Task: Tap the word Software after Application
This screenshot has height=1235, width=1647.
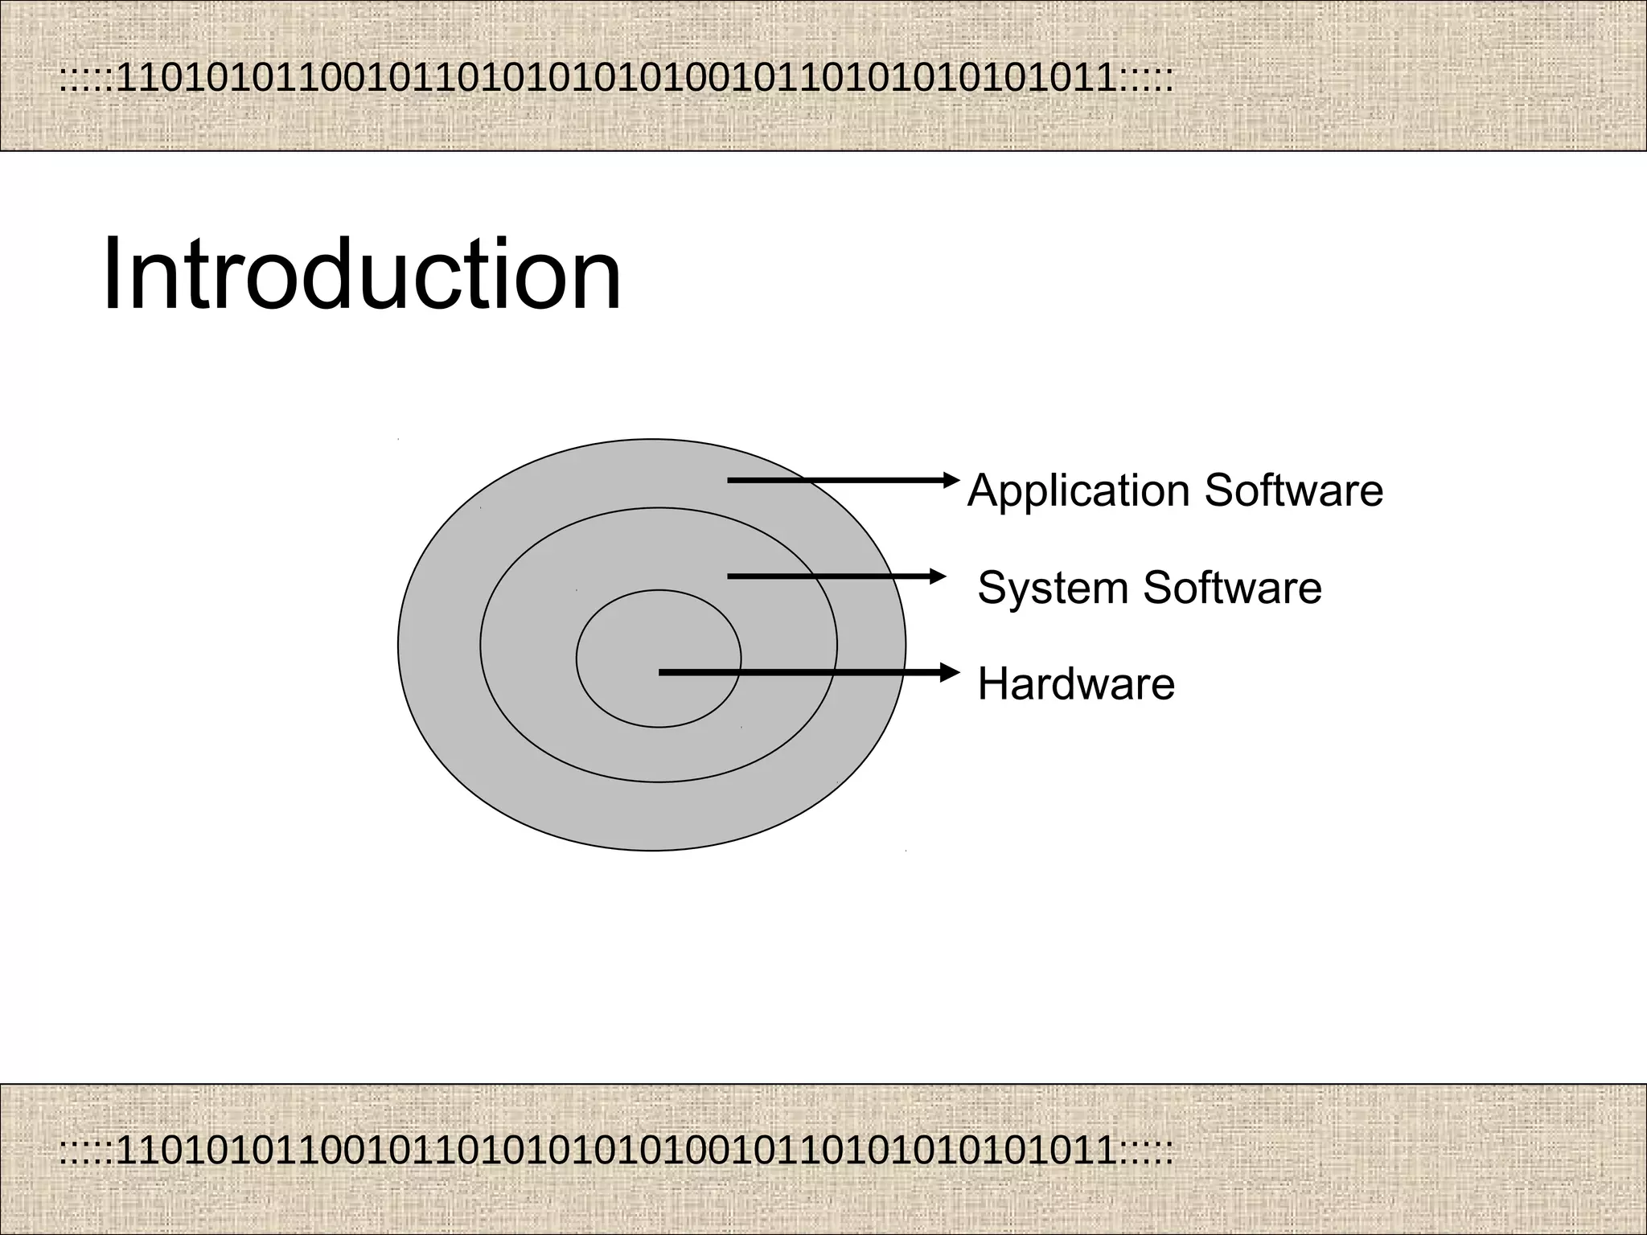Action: pos(1294,490)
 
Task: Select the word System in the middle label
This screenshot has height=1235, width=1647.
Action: pos(1053,588)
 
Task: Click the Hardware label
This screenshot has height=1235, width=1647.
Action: pos(1076,684)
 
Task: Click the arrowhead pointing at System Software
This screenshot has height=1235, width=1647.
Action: pos(939,576)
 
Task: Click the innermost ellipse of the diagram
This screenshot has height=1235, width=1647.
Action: pos(658,627)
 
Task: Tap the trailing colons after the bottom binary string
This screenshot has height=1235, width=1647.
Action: pos(1145,1152)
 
